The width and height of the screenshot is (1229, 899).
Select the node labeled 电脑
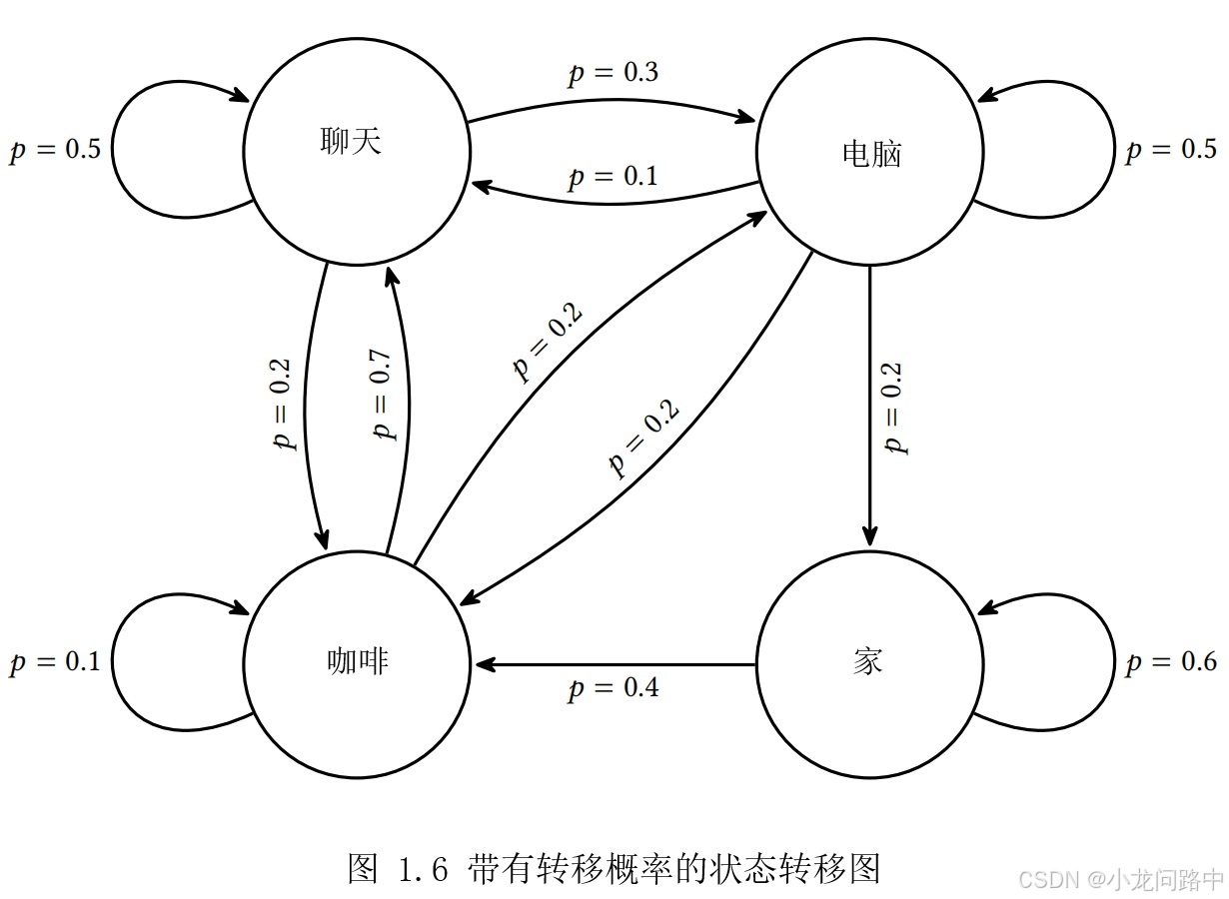869,152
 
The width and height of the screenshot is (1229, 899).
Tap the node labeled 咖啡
356,662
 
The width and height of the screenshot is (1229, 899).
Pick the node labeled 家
869,662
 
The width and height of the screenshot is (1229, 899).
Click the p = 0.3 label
614,74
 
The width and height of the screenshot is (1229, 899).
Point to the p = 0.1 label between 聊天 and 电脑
614,177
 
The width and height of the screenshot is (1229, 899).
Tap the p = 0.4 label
614,688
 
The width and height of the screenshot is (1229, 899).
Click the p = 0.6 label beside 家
1171,662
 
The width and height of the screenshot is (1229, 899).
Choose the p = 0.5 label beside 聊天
55,150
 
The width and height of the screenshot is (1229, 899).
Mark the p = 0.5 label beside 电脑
1171,150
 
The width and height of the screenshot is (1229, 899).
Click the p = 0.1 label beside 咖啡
55,662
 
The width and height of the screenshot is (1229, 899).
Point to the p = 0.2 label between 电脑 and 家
894,408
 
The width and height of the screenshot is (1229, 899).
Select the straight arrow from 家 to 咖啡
614,664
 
